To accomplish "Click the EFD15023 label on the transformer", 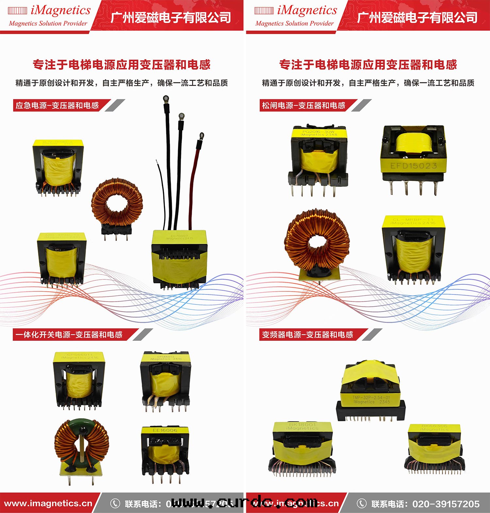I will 414,166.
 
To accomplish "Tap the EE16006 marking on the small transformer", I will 165,430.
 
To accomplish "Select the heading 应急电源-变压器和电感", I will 57,106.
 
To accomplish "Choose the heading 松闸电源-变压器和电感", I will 304,106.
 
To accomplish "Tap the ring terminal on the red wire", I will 202,135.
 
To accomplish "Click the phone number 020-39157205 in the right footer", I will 446,504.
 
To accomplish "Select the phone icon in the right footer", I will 361,504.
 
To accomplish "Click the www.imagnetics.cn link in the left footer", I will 48,504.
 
